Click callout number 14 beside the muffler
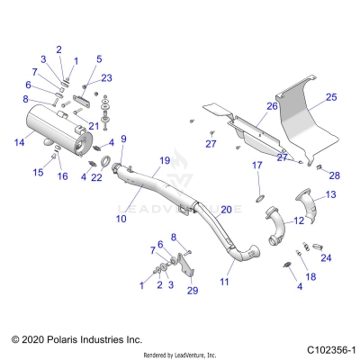pos(19,143)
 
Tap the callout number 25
pos(331,97)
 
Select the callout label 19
pos(164,160)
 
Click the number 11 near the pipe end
pos(224,282)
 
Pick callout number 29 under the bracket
pos(192,290)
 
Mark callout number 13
pos(331,194)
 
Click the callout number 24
pos(326,257)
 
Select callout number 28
pos(335,175)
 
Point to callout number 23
pos(106,78)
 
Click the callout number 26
pos(247,106)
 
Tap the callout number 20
pos(226,209)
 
